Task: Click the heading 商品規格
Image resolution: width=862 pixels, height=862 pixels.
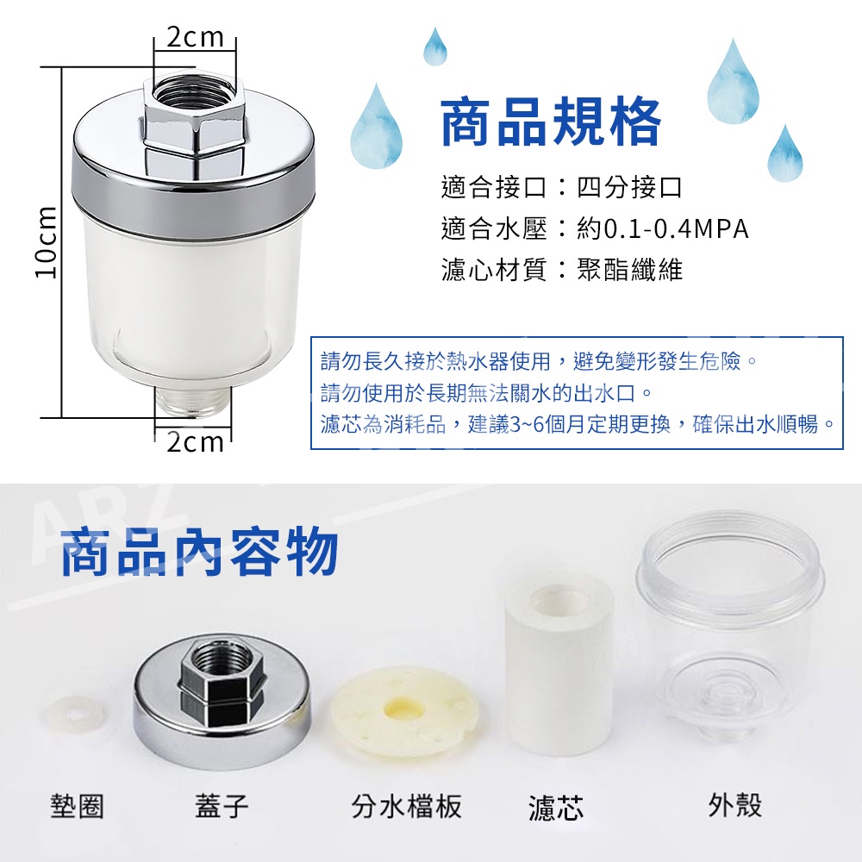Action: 551,122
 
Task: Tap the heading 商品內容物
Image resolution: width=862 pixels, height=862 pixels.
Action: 199,552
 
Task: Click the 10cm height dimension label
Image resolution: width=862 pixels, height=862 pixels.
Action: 47,242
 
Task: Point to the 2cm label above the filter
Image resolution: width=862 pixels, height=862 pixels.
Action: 195,37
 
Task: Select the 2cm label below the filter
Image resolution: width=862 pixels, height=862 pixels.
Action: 195,442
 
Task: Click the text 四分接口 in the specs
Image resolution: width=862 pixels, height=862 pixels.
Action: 629,187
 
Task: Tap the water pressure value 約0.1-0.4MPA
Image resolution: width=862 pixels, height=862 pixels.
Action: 662,228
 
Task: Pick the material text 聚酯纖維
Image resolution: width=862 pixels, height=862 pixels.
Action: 629,269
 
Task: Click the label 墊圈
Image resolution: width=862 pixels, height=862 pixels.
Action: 77,806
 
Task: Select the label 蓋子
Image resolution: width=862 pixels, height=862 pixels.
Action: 222,806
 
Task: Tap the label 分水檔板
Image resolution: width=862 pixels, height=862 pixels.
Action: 406,806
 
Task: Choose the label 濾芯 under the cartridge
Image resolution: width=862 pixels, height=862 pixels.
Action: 556,807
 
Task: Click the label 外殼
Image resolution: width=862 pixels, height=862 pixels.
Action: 735,805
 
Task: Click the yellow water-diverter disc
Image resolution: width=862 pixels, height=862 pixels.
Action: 408,711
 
